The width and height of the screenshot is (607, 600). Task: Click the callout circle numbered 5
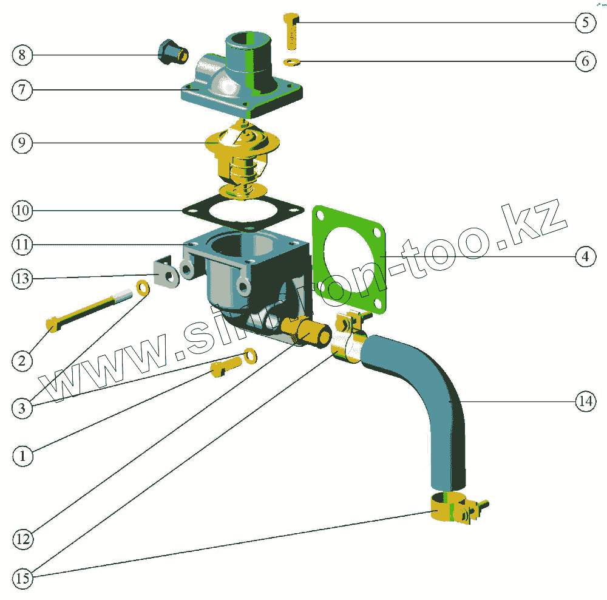tap(585, 23)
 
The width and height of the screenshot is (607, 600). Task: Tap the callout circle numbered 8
tap(22, 55)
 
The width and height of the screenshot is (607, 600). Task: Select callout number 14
tap(585, 401)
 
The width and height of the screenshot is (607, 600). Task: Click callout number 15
tap(22, 579)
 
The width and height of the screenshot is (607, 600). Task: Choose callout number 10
tap(22, 211)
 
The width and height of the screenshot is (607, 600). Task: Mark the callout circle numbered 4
tap(585, 257)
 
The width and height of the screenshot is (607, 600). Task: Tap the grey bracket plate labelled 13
tap(163, 273)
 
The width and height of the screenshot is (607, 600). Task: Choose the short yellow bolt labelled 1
tap(225, 367)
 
